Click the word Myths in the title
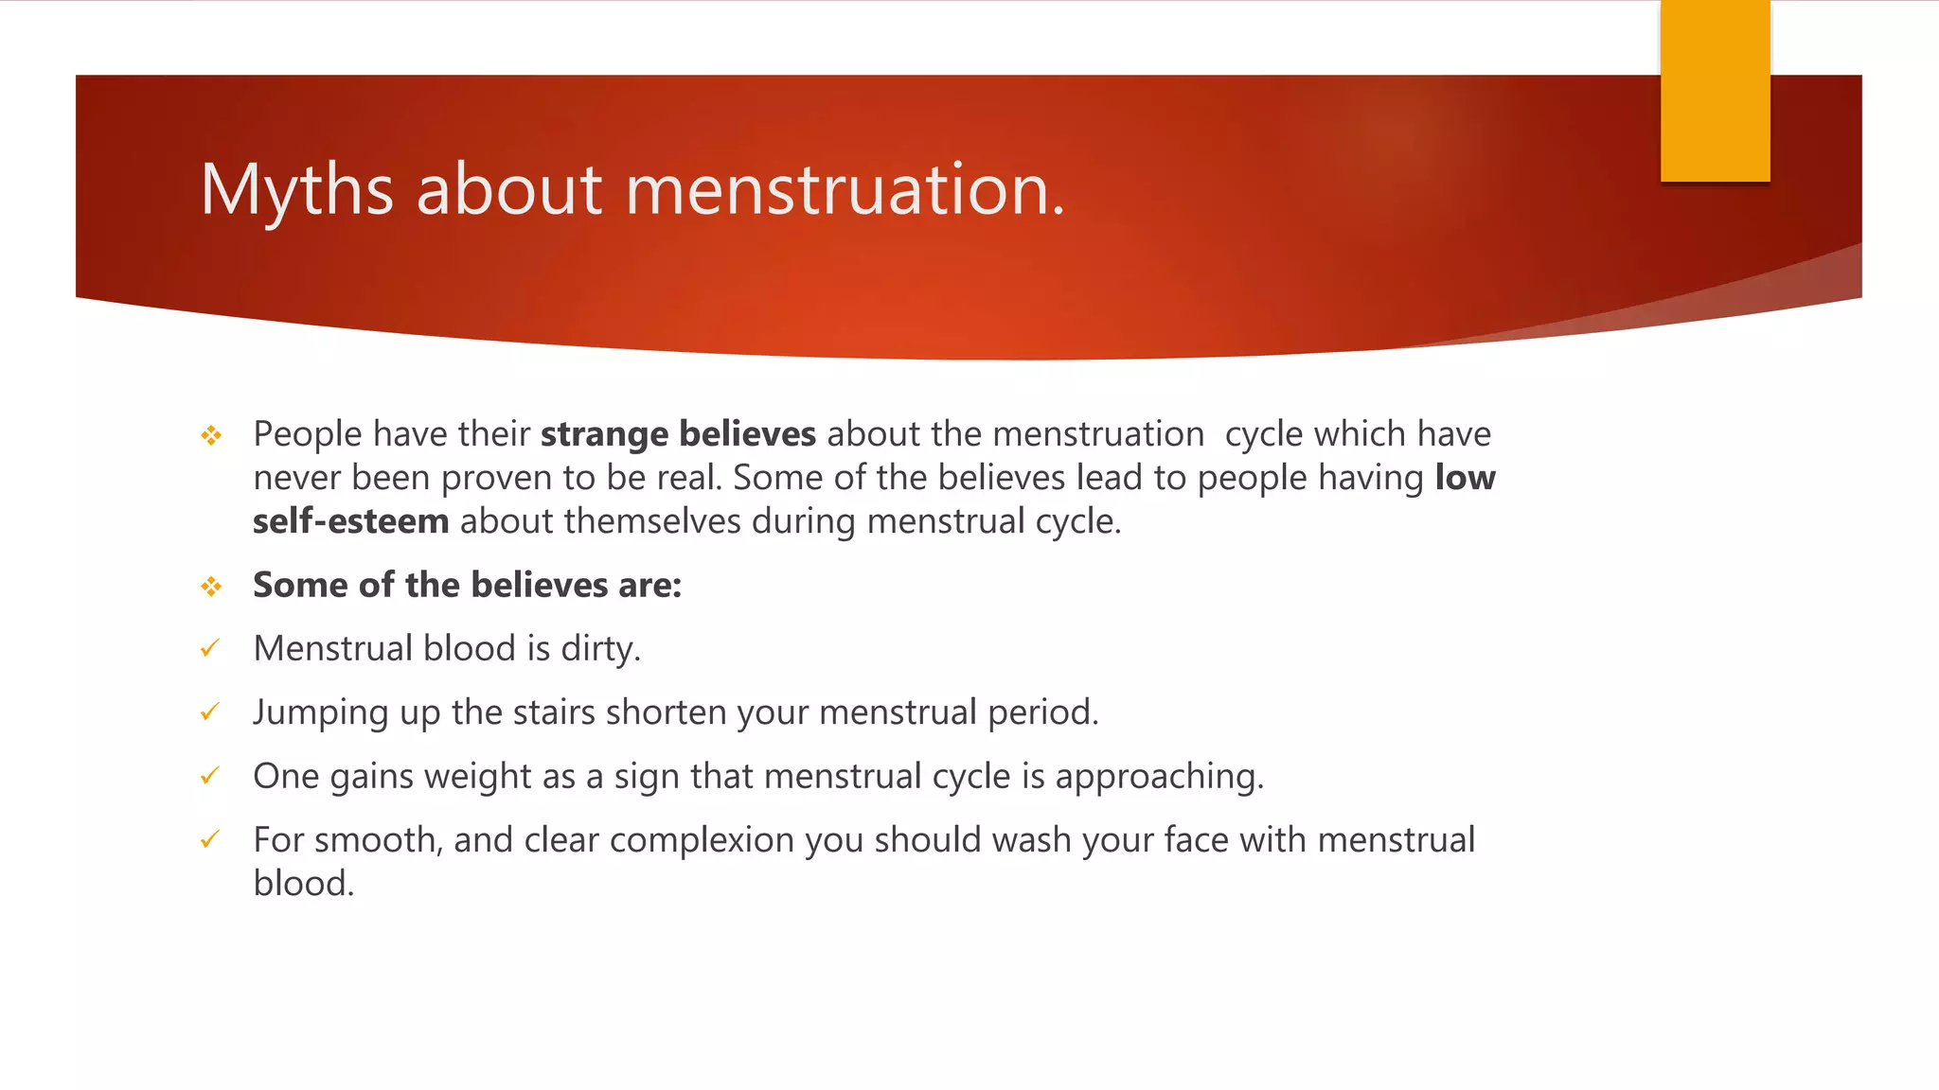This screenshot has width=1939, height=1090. point(296,191)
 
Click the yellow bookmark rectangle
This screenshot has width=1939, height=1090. point(1715,91)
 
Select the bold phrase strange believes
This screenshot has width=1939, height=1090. point(678,434)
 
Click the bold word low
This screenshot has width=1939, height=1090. point(1465,478)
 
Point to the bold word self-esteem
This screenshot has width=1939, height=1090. point(350,521)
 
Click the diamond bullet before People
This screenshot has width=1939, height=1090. point(211,435)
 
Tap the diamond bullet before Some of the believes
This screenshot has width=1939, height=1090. point(211,587)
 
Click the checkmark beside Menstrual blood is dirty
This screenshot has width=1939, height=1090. point(210,648)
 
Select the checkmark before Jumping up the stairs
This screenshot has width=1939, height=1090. point(210,712)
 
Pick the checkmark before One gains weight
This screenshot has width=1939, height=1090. point(210,776)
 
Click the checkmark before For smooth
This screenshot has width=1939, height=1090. point(210,839)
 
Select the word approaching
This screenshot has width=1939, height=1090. point(1159,777)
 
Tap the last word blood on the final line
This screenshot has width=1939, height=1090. point(303,884)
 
